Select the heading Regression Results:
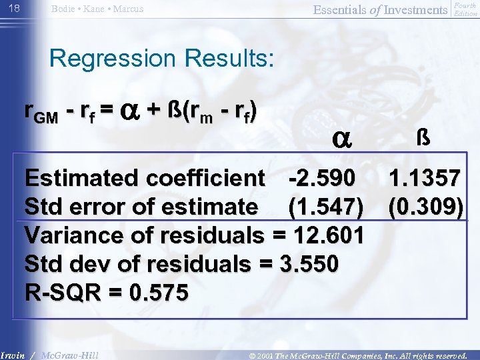point(161,58)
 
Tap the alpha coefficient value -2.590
point(327,178)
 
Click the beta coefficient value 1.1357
point(425,178)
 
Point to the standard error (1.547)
point(326,207)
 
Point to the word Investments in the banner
point(417,9)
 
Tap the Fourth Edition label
point(465,9)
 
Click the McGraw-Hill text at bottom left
point(69,355)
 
